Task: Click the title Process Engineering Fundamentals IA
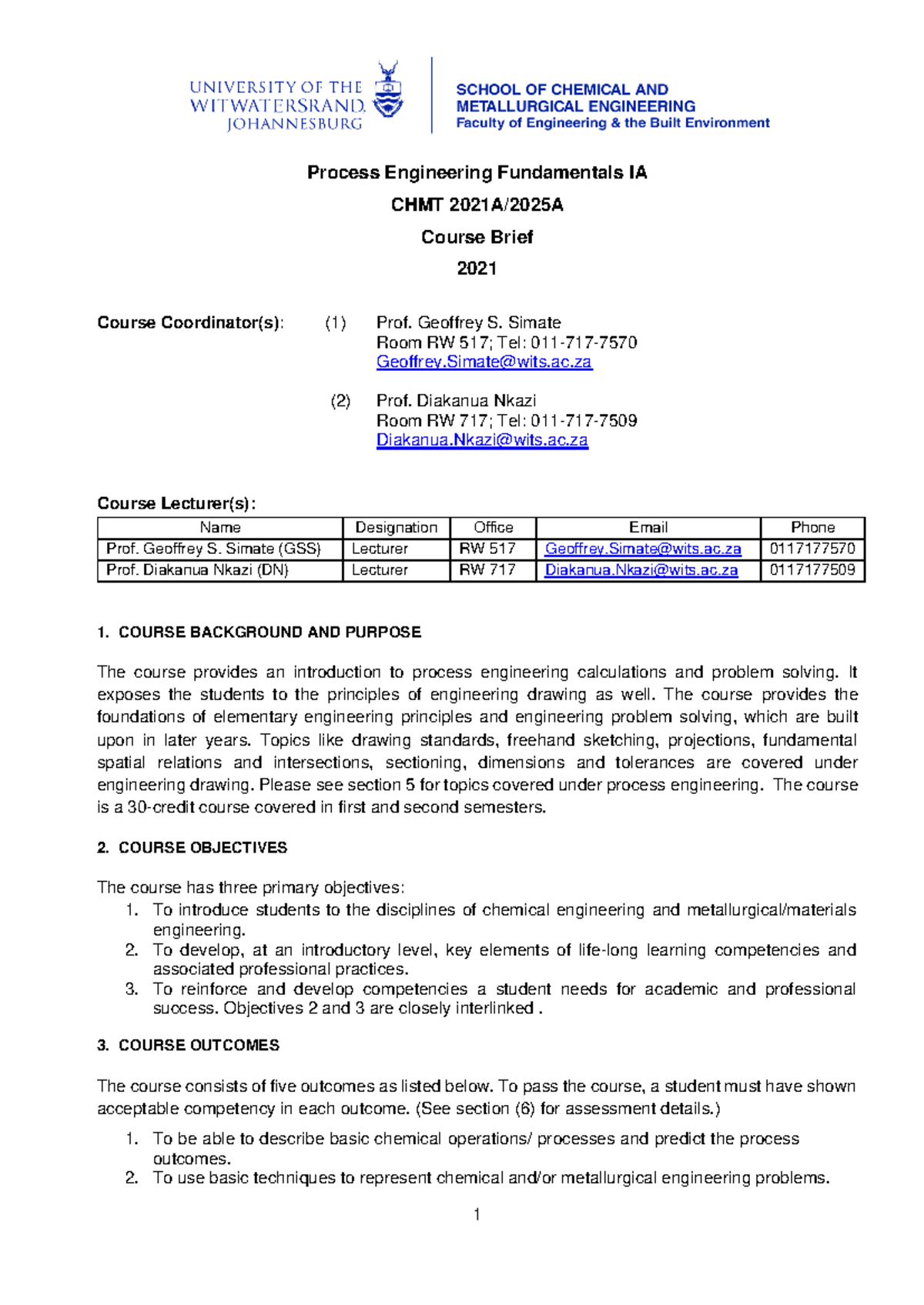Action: (x=477, y=172)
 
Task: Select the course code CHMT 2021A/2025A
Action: (x=477, y=205)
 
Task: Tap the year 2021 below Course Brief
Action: (x=477, y=269)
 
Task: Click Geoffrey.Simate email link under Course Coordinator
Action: (x=484, y=362)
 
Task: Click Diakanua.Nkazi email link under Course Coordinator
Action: (x=482, y=440)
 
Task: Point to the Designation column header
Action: (x=396, y=528)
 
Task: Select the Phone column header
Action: (x=812, y=528)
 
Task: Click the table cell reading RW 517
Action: (x=487, y=549)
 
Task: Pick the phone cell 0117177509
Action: (x=812, y=570)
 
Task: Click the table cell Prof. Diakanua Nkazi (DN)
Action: (x=197, y=570)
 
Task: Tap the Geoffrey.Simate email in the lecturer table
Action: (x=643, y=549)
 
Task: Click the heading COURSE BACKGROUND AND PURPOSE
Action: (x=269, y=632)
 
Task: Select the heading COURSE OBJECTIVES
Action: (x=203, y=848)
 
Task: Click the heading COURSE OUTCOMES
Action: (x=199, y=1046)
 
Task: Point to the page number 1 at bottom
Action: (x=477, y=1215)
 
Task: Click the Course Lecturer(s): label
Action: (x=176, y=503)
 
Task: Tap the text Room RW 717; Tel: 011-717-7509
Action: (x=506, y=421)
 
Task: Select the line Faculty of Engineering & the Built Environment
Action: (x=612, y=123)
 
